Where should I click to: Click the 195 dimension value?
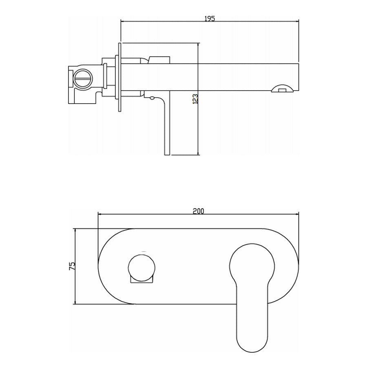coord(210,18)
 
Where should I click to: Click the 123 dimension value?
coord(195,99)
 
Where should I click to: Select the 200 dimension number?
coord(199,211)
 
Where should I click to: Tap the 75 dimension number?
coord(72,266)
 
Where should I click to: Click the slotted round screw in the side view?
coord(83,79)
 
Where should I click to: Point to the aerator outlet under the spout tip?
coord(282,88)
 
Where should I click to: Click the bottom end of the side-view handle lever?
coord(167,155)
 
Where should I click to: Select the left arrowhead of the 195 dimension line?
coord(122,22)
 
